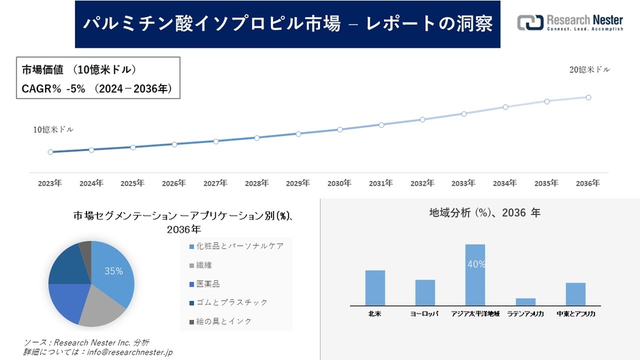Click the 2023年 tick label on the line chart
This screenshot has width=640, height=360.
[x=50, y=183]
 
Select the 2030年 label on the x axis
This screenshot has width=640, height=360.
[x=339, y=183]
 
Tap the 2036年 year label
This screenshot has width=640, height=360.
[x=588, y=183]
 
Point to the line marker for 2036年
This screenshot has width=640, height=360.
[x=588, y=97]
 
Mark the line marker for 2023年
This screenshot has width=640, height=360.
[x=50, y=152]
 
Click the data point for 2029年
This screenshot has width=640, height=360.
[x=298, y=133]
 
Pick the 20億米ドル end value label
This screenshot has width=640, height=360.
[x=590, y=69]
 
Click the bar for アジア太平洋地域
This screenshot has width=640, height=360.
[x=475, y=274]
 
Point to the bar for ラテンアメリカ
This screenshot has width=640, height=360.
[x=526, y=301]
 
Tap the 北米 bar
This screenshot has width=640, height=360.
[x=375, y=287]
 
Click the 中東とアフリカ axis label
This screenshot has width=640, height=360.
[x=575, y=314]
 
